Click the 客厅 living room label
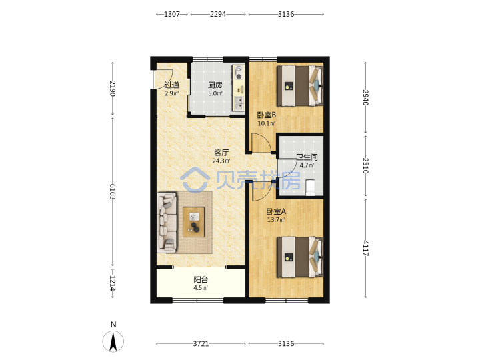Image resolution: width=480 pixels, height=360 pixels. click(x=221, y=153)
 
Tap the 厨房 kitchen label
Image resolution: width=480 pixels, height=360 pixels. click(x=215, y=85)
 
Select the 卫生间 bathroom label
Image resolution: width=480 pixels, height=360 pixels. click(x=307, y=157)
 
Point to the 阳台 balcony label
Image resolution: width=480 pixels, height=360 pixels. click(x=201, y=280)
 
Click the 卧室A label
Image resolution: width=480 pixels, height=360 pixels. click(x=276, y=211)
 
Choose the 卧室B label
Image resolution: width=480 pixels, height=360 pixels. click(x=266, y=115)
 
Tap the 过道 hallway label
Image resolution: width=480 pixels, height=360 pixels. click(x=172, y=85)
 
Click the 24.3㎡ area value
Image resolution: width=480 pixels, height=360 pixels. click(x=221, y=161)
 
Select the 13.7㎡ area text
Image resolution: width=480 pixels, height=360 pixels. click(x=276, y=220)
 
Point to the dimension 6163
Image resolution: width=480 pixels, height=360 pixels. click(x=113, y=191)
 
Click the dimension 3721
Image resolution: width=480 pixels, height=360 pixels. click(x=201, y=344)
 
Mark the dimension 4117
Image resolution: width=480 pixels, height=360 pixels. click(x=365, y=248)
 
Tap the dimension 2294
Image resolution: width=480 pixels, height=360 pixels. click(x=218, y=14)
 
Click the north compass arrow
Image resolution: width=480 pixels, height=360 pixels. click(x=113, y=341)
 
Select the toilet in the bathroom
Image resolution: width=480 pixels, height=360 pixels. click(x=311, y=187)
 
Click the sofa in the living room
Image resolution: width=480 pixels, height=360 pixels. click(x=167, y=223)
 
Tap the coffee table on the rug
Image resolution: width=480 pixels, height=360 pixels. click(x=194, y=222)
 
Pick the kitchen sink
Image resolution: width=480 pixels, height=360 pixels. click(x=239, y=103)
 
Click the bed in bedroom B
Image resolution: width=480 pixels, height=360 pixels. click(x=300, y=85)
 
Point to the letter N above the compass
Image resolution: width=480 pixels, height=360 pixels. click(x=113, y=325)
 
